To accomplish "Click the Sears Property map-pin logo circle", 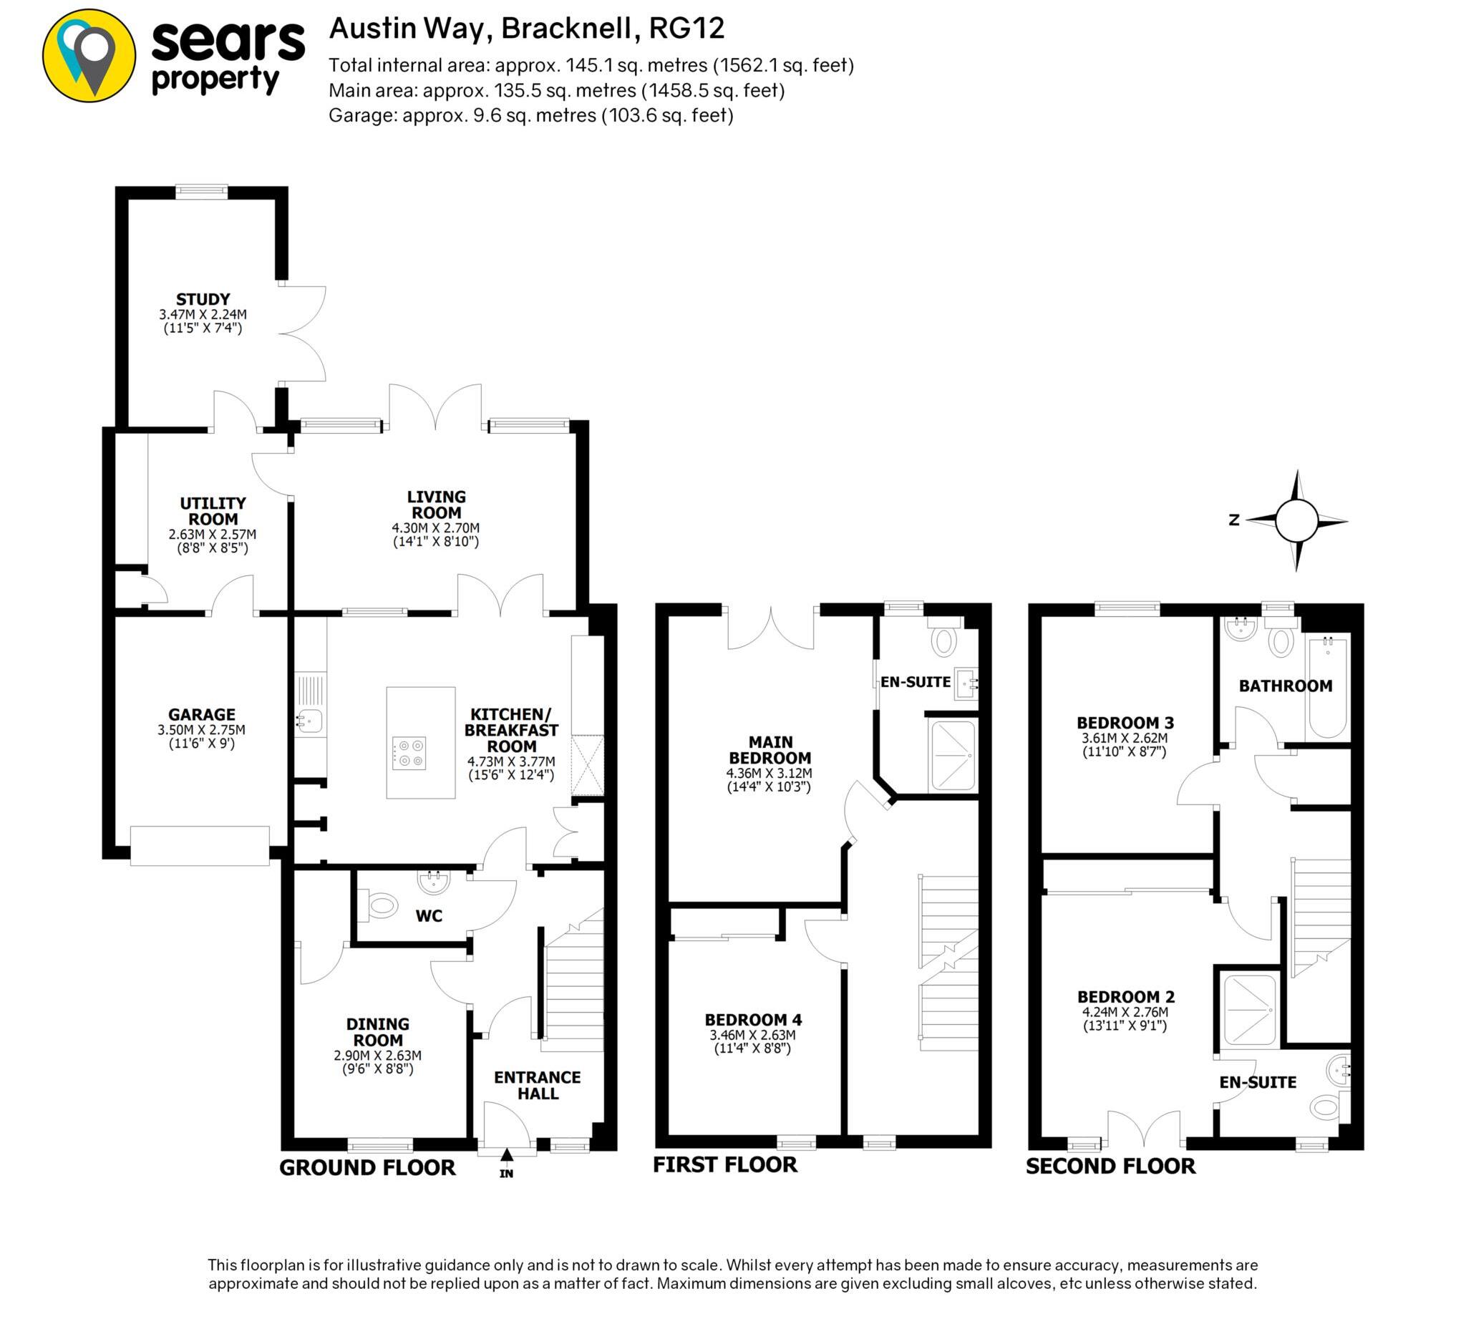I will click(x=89, y=56).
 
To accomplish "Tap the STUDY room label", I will click(x=203, y=299).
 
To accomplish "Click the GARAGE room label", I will click(x=201, y=715).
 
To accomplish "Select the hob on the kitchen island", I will click(x=409, y=753).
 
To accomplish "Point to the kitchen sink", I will click(x=310, y=721).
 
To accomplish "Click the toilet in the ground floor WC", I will click(x=383, y=906).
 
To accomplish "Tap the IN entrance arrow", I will click(x=507, y=1154).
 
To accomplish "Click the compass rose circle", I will click(x=1296, y=520).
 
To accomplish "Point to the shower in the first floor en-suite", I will click(x=952, y=756).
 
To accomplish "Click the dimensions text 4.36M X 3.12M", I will click(x=770, y=773).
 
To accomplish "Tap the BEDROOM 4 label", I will click(x=752, y=1020).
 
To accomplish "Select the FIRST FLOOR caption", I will click(x=725, y=1164).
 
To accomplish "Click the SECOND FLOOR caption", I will click(x=1110, y=1166).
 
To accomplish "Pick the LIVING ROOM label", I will click(x=437, y=505).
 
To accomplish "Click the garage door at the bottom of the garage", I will click(x=200, y=845).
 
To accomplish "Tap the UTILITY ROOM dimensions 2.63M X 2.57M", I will click(x=213, y=535).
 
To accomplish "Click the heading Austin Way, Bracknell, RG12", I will click(x=528, y=29).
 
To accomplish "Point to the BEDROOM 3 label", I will click(x=1125, y=723).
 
